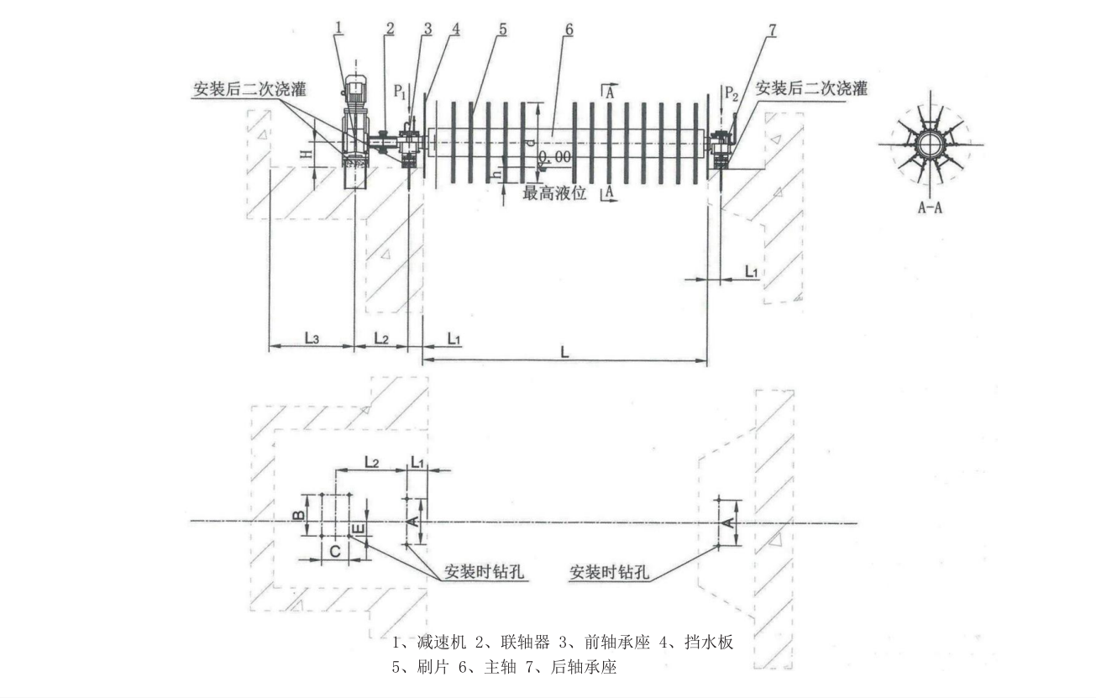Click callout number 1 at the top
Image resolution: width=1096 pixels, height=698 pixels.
point(338,27)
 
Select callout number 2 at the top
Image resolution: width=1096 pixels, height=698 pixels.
point(390,27)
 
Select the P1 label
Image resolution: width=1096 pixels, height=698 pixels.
point(401,90)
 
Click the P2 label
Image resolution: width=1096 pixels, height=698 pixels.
point(732,91)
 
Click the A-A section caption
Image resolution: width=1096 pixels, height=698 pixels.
point(929,207)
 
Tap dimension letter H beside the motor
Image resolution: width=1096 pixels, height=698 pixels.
point(308,154)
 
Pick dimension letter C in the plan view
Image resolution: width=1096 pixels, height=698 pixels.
point(333,551)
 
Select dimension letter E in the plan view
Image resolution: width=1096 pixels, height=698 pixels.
point(357,529)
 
